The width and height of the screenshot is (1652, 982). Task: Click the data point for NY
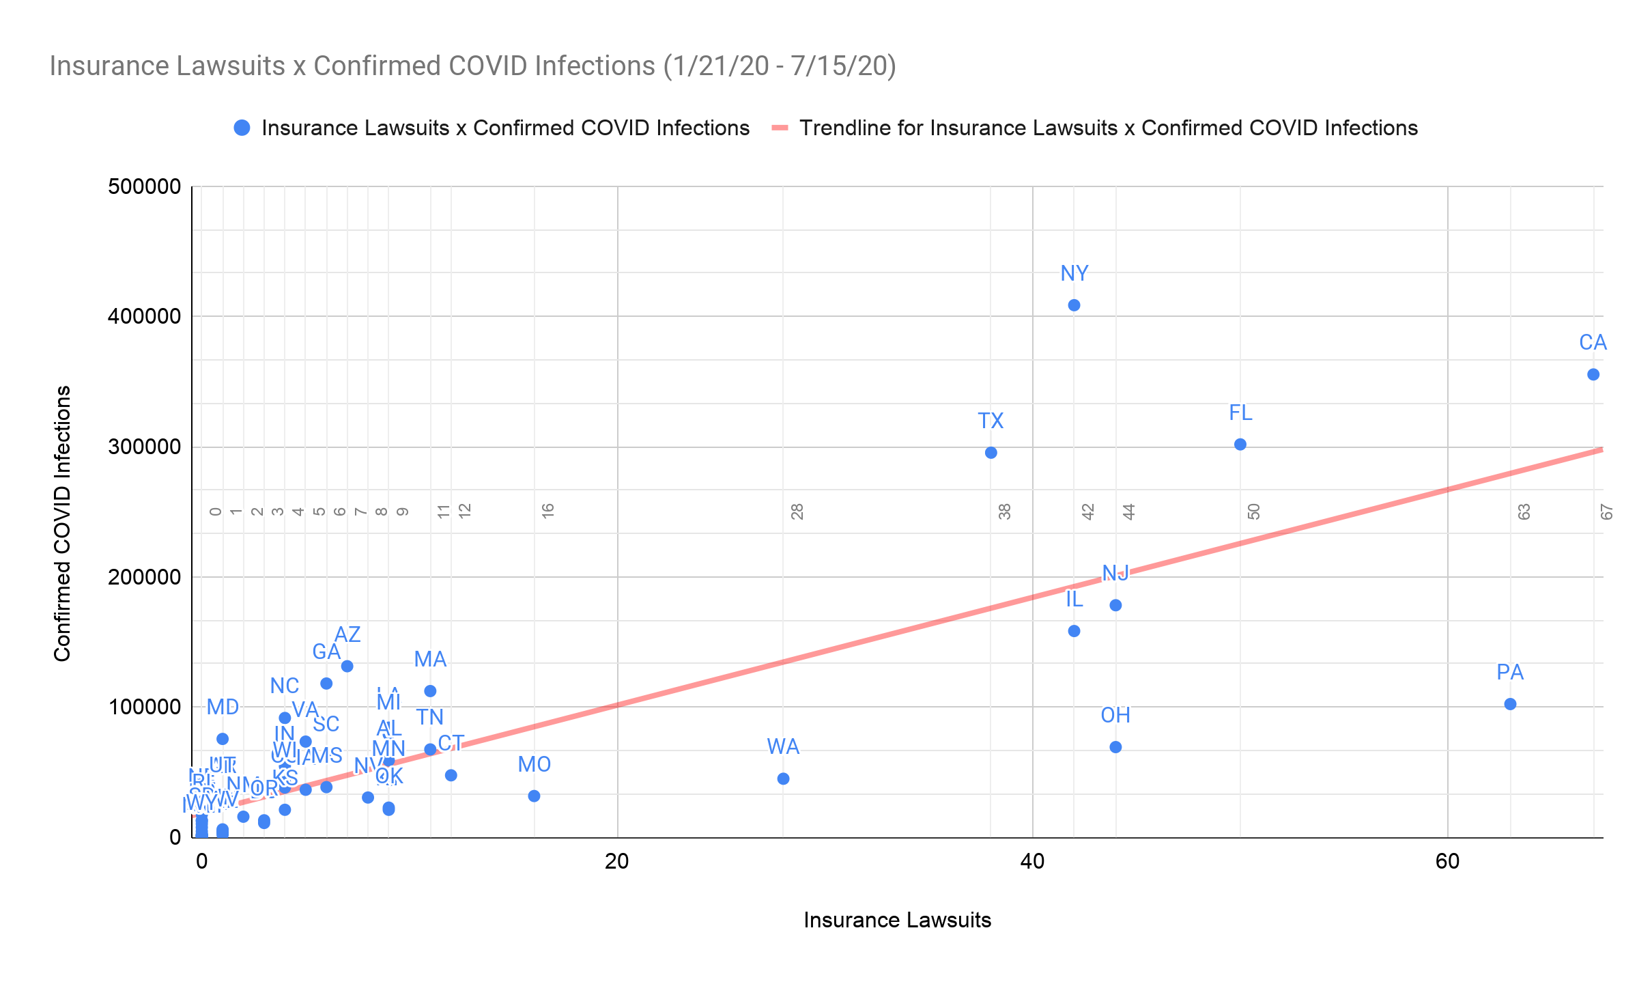point(1074,305)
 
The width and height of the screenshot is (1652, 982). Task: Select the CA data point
point(1593,374)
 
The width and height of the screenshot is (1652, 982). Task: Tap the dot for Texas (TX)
point(991,453)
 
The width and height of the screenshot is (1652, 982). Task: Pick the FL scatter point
point(1240,445)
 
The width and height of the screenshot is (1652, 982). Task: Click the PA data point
point(1510,704)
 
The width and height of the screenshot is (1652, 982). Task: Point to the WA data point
point(783,778)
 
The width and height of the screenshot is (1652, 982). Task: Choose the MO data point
point(534,796)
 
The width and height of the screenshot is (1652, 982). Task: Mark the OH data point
point(1115,747)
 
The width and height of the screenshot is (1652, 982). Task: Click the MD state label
point(223,707)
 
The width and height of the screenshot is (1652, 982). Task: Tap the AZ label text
point(347,635)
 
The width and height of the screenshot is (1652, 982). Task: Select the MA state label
point(430,660)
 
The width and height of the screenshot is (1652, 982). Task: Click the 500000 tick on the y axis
point(144,186)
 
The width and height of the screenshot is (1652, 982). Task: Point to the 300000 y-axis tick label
point(144,447)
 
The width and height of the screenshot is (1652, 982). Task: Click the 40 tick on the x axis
point(1032,862)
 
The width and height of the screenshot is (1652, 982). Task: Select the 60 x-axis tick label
point(1447,862)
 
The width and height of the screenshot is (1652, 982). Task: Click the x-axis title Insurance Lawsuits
point(897,921)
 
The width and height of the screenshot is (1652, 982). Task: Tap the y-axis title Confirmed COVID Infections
point(63,524)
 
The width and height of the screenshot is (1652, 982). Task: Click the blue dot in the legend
point(242,128)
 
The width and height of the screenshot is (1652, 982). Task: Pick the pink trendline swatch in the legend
point(780,128)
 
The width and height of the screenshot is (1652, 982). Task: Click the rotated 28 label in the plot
point(797,511)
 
